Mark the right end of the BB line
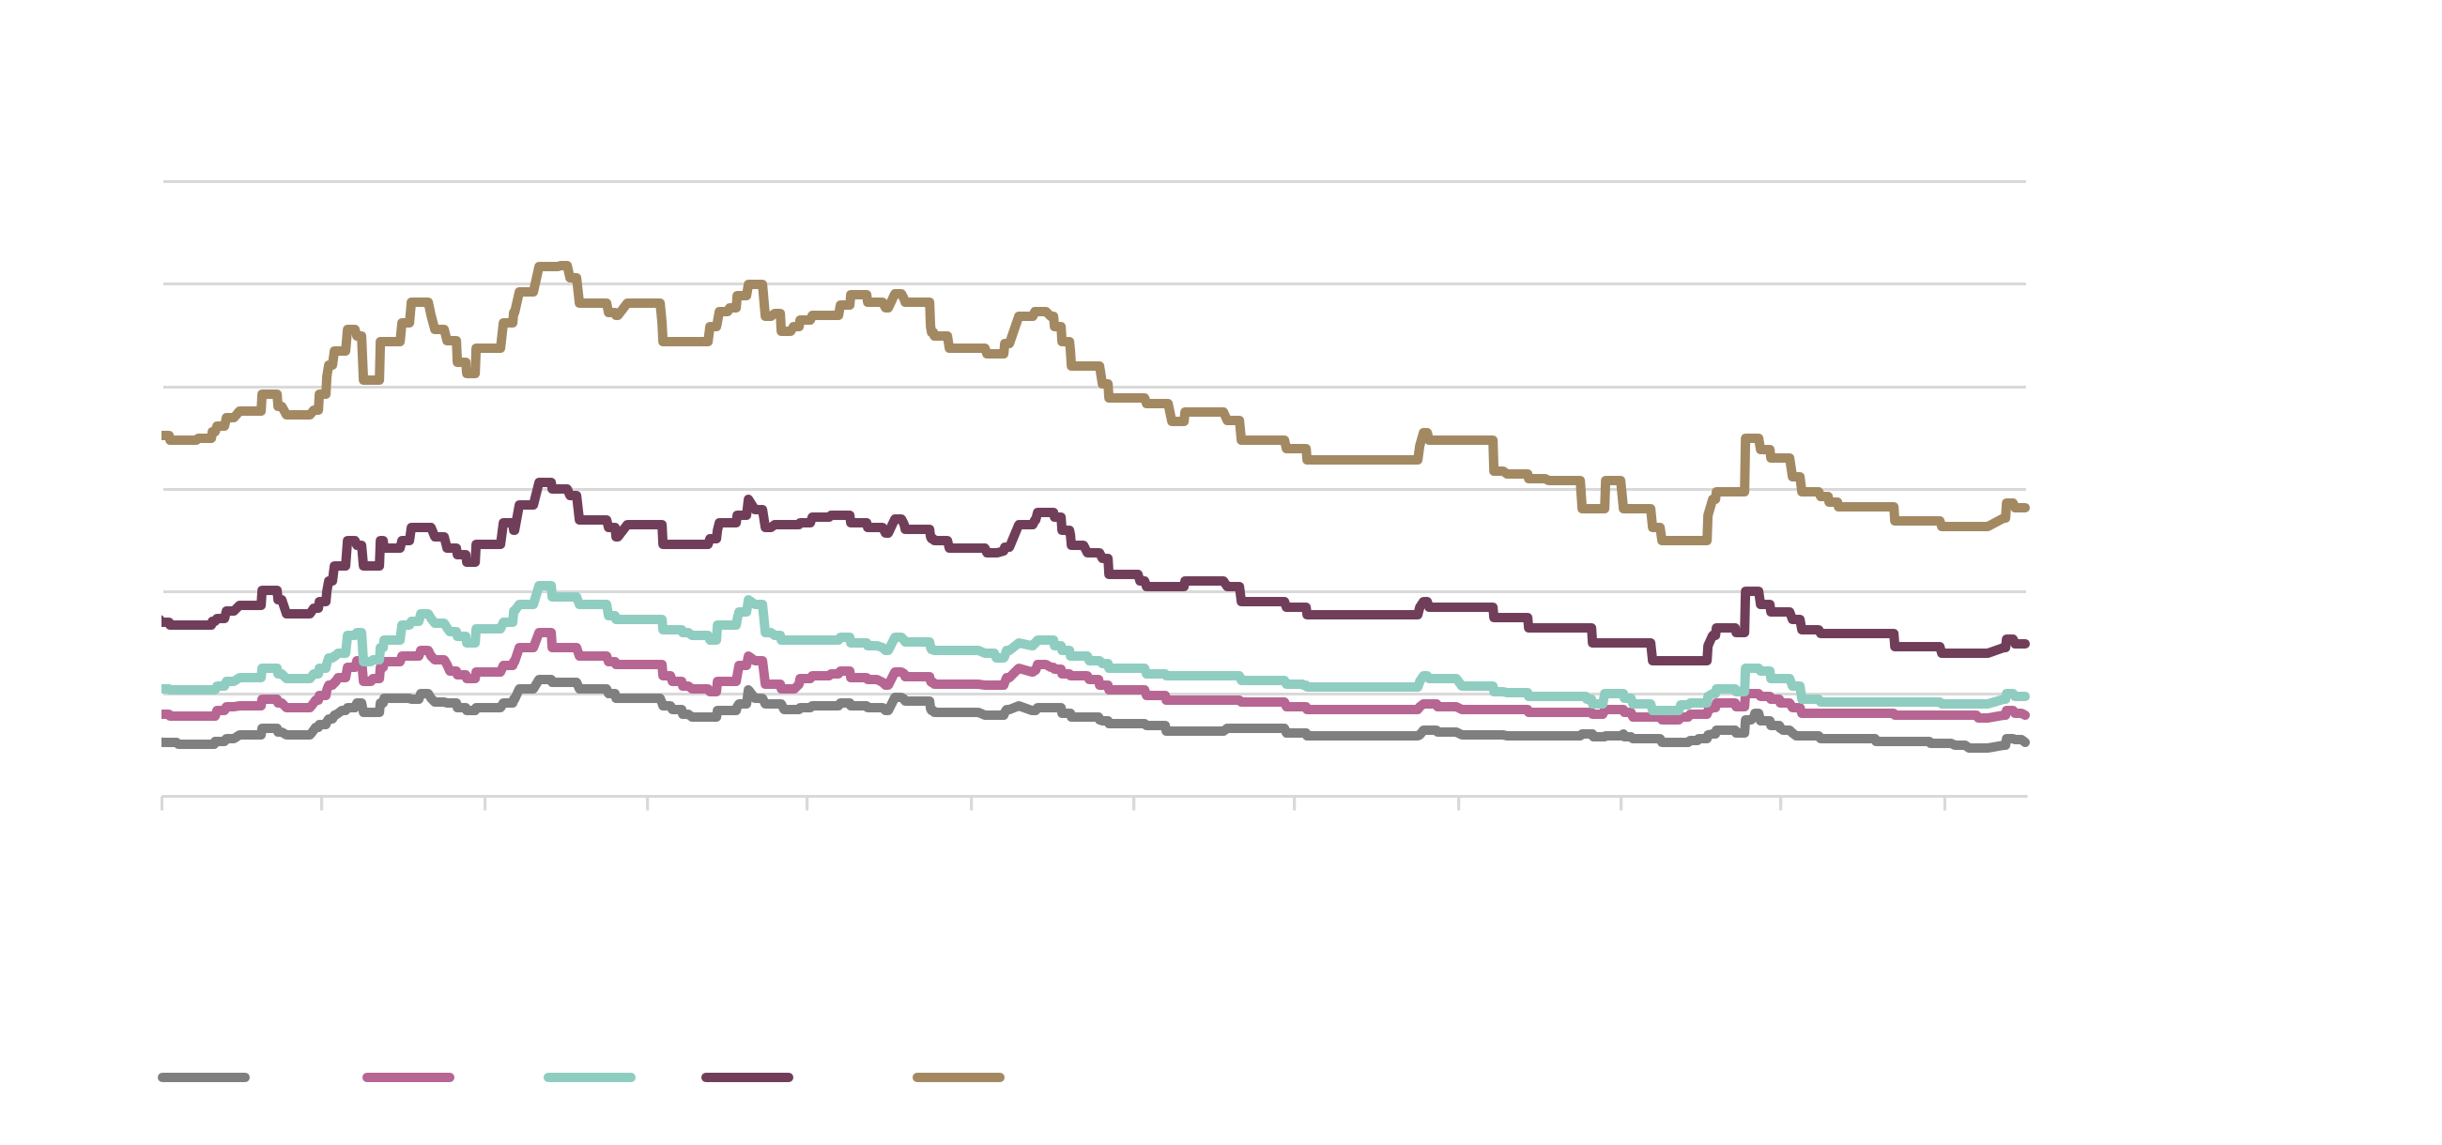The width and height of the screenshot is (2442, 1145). pyautogui.click(x=2025, y=508)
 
